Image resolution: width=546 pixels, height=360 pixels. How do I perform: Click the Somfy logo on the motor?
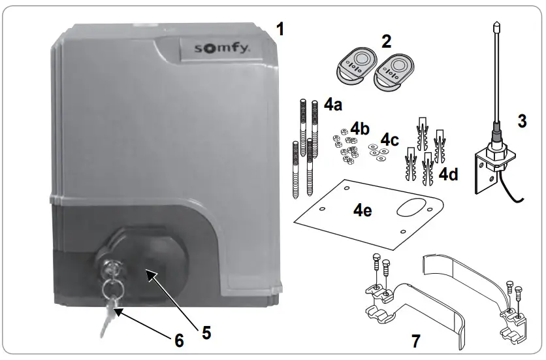coord(215,49)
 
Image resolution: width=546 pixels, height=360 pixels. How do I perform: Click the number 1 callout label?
coord(280,29)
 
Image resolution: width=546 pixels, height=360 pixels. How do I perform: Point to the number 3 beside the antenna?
coord(521,122)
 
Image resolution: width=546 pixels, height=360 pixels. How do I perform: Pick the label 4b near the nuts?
coord(361,127)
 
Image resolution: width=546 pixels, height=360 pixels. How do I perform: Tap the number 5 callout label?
coord(206,333)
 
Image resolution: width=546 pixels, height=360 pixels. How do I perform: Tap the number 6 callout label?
coord(178,340)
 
